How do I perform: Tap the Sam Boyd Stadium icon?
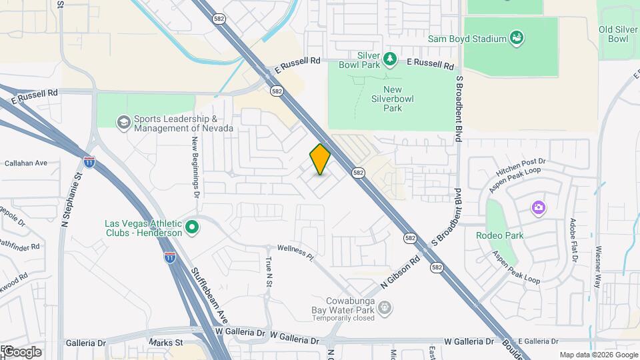(x=516, y=39)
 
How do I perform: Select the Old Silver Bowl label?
(x=613, y=34)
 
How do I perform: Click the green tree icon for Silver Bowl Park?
(x=391, y=60)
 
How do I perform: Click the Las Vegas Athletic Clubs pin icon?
(x=193, y=228)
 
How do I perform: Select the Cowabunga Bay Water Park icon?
(x=385, y=307)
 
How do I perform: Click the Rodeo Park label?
(x=500, y=235)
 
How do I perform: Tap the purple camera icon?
(x=538, y=208)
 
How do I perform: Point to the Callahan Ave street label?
(x=26, y=163)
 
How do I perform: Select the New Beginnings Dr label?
(x=195, y=157)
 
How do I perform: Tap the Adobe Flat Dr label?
(x=573, y=239)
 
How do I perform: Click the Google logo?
(x=21, y=351)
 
